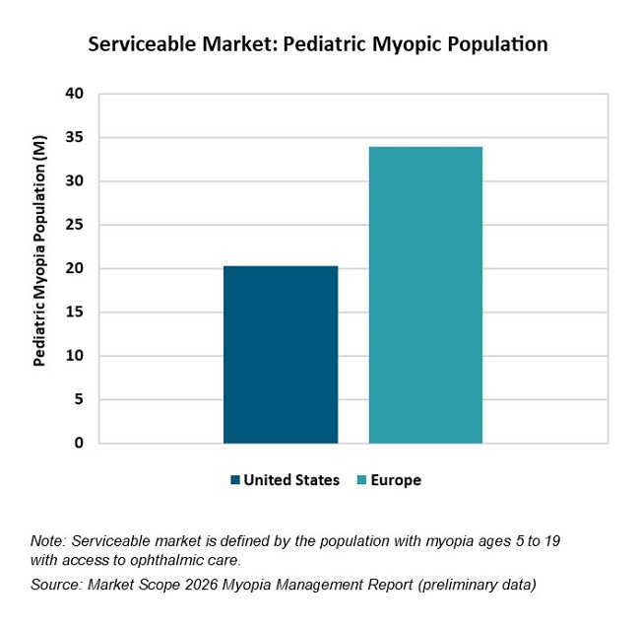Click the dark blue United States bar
click(x=281, y=355)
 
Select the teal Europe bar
click(x=425, y=295)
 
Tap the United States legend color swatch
click(x=235, y=481)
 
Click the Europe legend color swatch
click(x=362, y=481)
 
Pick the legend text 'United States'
click(x=291, y=481)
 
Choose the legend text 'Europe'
click(x=397, y=481)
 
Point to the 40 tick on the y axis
click(x=75, y=94)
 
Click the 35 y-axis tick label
click(x=75, y=138)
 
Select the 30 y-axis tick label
click(x=75, y=181)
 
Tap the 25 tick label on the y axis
click(x=75, y=225)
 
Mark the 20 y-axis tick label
click(x=75, y=268)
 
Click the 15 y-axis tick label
click(x=75, y=313)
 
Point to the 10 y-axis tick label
click(x=75, y=356)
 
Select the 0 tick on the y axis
click(x=79, y=444)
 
